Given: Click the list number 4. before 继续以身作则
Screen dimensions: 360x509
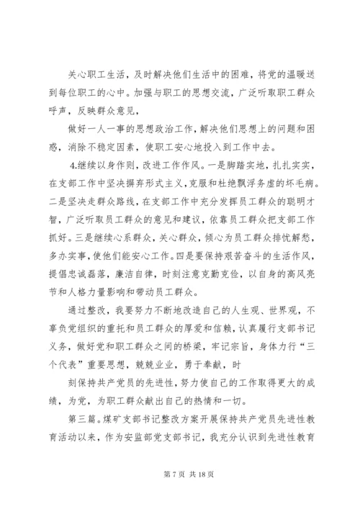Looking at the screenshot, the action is click(86, 165).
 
